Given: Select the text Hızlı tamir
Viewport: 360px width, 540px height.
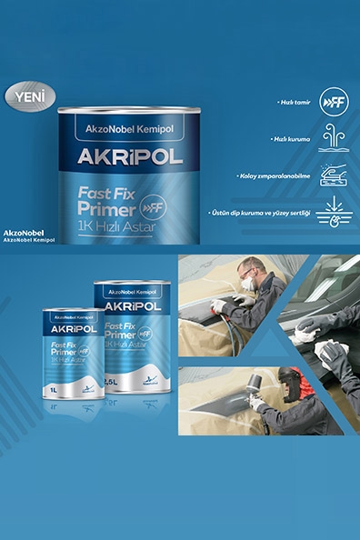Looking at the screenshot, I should click(x=295, y=103).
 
